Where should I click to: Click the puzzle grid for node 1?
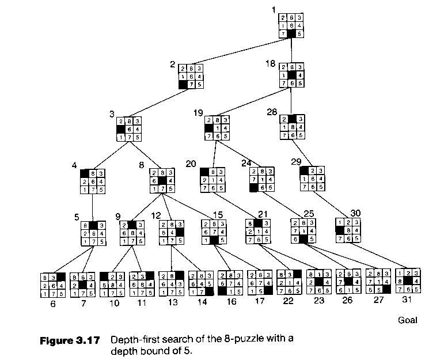[291, 26]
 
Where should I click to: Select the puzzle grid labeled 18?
[291, 76]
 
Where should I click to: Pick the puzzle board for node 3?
[129, 130]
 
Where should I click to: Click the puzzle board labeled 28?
[292, 127]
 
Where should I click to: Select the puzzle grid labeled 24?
[262, 179]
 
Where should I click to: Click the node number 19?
[199, 112]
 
